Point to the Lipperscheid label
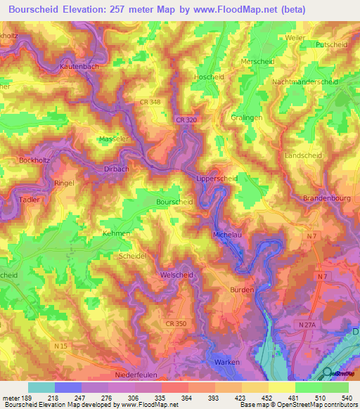(x=217, y=178)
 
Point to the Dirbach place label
(x=116, y=169)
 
